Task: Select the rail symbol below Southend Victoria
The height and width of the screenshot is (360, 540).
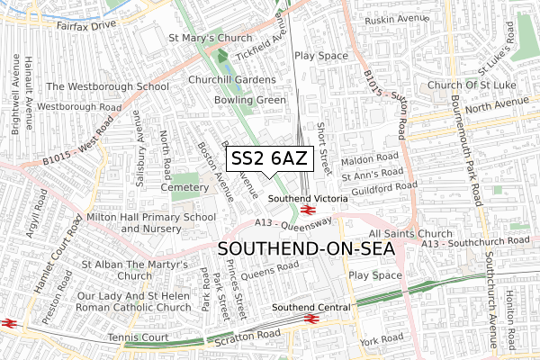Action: coord(307,210)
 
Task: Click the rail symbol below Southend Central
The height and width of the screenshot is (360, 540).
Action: coord(311,319)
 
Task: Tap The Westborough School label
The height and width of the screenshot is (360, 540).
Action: coord(107,86)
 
